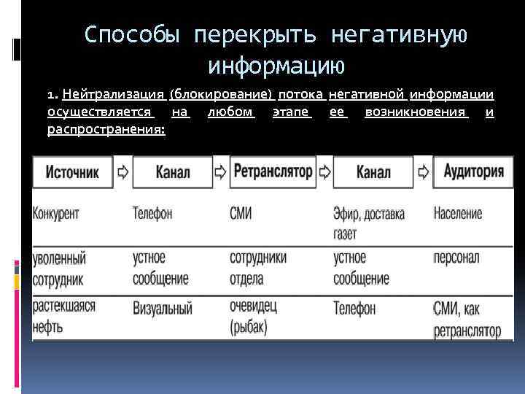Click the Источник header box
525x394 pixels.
click(72, 172)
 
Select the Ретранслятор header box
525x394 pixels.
click(272, 172)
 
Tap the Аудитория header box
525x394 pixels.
click(473, 172)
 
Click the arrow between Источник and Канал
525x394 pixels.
click(122, 172)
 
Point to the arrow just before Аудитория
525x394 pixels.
click(423, 172)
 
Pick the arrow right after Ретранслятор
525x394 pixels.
click(323, 172)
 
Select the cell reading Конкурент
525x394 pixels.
click(56, 214)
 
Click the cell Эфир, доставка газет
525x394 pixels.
click(368, 223)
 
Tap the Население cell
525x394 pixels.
click(457, 214)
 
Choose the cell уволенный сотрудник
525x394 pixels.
click(59, 269)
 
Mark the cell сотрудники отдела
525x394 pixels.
click(257, 269)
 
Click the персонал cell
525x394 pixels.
click(457, 258)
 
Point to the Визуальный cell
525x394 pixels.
click(162, 309)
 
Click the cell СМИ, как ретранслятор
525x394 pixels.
click(467, 320)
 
